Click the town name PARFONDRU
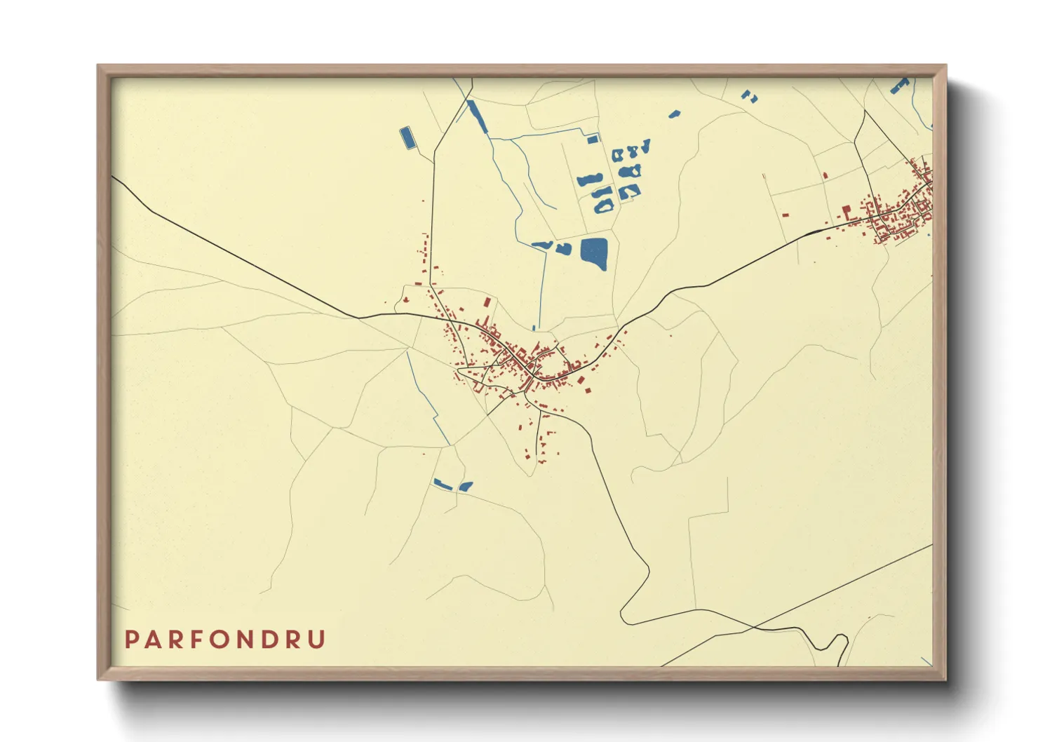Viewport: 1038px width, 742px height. [x=225, y=640]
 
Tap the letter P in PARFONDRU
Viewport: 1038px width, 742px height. [x=131, y=640]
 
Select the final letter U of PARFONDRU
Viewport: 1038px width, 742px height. [x=318, y=640]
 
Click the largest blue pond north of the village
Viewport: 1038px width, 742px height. [x=594, y=252]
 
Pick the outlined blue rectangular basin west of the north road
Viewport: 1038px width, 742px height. [x=406, y=137]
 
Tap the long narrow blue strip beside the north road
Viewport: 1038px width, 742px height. [x=476, y=116]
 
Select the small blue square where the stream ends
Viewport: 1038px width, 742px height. [x=593, y=140]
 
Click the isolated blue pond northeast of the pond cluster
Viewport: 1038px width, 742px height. [x=675, y=113]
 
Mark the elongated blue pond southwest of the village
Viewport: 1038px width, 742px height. [x=442, y=483]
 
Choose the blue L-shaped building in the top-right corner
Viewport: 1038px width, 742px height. [x=898, y=86]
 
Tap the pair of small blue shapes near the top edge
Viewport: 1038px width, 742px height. [x=749, y=96]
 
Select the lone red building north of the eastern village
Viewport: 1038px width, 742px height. [x=825, y=175]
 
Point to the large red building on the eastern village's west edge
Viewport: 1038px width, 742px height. [x=847, y=210]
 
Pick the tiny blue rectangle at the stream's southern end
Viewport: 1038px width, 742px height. [x=534, y=328]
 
